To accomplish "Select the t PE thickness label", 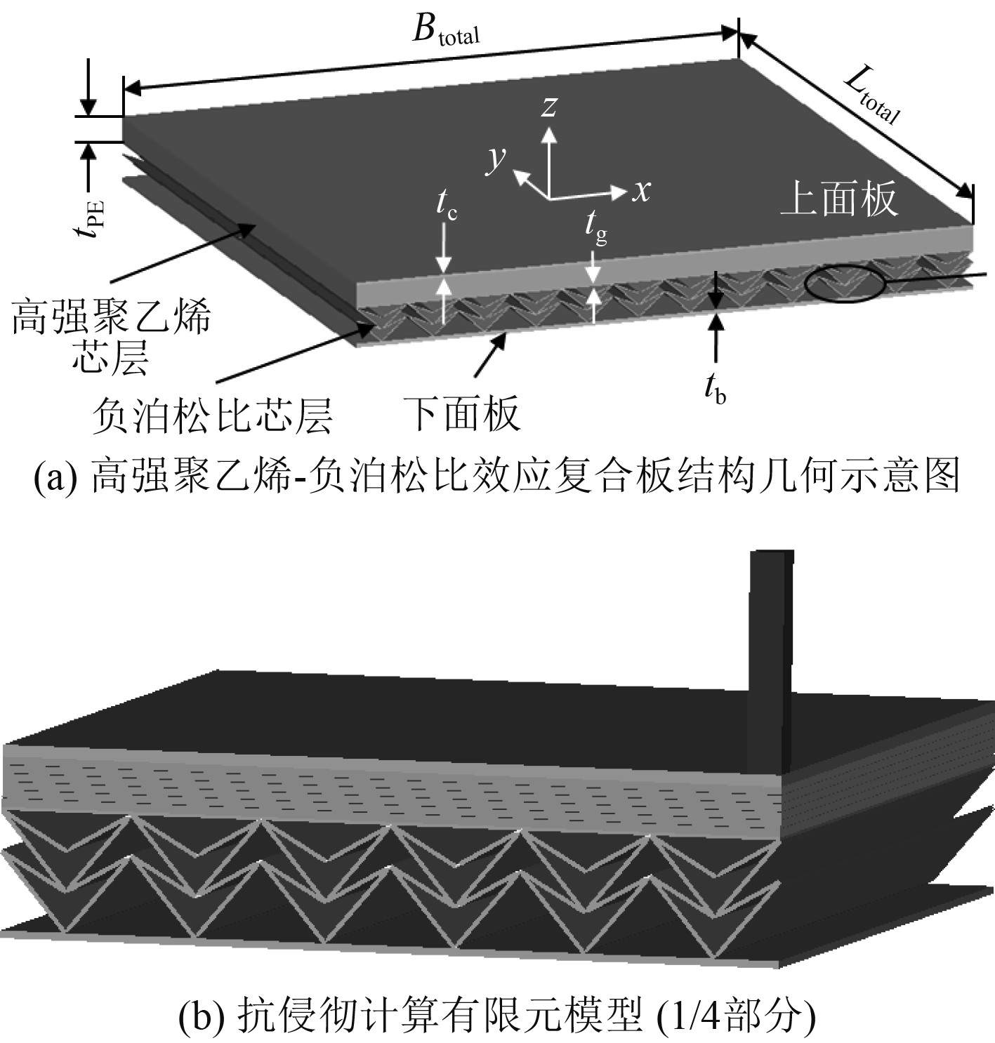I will pos(92,218).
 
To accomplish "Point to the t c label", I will pos(446,204).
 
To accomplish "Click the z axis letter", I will pos(549,106).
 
